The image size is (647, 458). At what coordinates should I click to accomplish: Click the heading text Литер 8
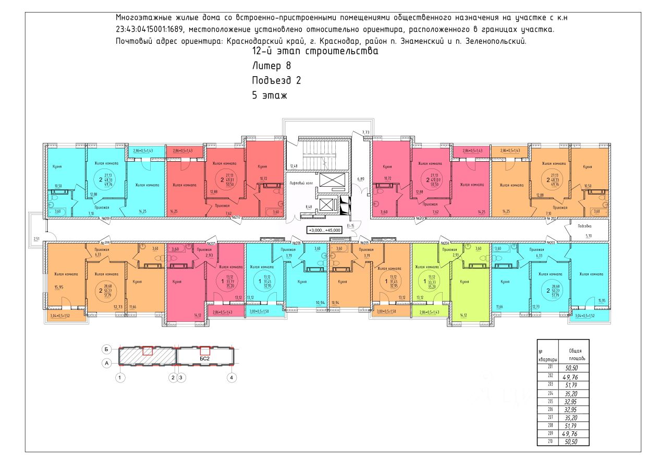271,66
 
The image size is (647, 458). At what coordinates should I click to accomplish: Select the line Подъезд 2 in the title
276,80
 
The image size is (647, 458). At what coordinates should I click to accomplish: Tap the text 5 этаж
270,95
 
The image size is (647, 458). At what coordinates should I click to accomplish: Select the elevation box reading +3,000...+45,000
324,230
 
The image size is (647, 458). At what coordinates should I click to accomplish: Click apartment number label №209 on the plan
107,219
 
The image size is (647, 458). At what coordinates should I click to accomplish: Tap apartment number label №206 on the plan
298,243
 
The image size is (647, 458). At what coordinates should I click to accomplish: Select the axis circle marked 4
232,377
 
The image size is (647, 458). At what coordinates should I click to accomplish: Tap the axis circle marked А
106,363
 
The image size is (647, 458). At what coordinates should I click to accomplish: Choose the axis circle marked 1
120,377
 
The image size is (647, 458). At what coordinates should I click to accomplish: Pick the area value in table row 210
573,442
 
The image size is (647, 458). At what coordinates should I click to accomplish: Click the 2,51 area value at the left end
36,238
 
